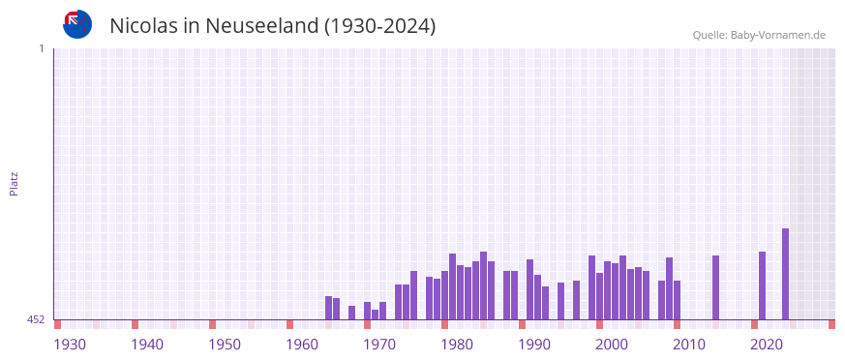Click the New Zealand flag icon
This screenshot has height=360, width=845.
coord(77,24)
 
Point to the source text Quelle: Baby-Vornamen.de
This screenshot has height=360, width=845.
coord(759,35)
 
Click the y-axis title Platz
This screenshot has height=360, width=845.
coord(14,184)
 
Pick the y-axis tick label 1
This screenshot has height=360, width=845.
coord(41,48)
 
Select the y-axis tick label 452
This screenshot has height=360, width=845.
coord(36,319)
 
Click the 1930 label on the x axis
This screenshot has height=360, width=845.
coord(70,345)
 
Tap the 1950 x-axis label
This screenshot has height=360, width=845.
coord(225,345)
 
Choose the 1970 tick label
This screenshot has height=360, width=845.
coord(379,345)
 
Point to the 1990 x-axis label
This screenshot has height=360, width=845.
coord(534,345)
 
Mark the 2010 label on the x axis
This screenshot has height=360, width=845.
coord(689,345)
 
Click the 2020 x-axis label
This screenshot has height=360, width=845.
coord(767,345)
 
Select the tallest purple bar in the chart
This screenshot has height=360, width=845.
coord(785,274)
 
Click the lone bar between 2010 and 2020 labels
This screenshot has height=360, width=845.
coord(715,287)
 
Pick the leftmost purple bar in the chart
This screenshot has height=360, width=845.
coord(328,308)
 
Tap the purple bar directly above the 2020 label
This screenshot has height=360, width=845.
coord(762,285)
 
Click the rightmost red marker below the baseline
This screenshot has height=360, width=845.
coord(831,324)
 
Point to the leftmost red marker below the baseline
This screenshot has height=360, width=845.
coord(57,324)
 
